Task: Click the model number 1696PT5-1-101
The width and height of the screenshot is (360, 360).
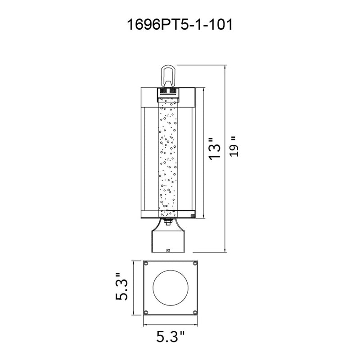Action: click(180, 25)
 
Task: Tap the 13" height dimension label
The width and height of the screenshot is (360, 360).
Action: click(215, 148)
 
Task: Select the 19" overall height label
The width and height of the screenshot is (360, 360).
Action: click(234, 147)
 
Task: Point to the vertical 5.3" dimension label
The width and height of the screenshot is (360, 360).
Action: click(121, 287)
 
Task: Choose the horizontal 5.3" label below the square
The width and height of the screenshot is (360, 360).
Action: click(171, 337)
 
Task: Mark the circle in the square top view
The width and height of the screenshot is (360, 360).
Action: click(171, 288)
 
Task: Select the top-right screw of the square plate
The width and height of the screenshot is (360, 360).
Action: click(195, 264)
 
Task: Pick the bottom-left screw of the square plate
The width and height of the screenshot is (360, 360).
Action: click(146, 312)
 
